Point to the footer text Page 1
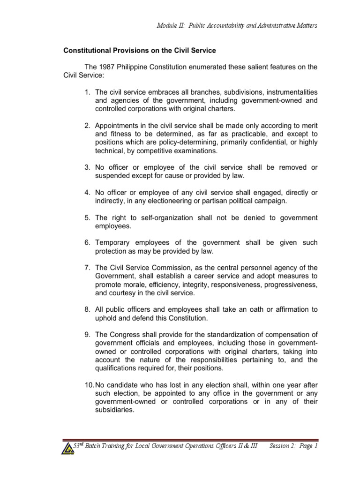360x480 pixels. (307, 447)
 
